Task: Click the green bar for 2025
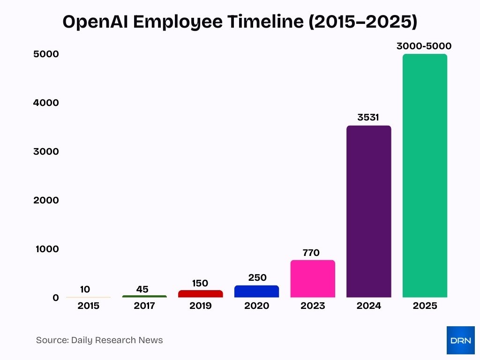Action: pos(425,176)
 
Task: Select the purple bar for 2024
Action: pos(368,211)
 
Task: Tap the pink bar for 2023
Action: pos(313,279)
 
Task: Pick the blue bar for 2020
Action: pos(256,292)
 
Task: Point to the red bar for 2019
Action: pos(200,294)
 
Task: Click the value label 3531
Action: pos(368,117)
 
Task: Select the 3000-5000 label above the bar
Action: pos(424,46)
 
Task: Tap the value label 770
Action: pos(311,253)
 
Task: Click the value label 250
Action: pos(257,277)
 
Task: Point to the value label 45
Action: pos(142,289)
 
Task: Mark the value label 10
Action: pos(85,289)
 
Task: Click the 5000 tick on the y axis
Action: pos(46,54)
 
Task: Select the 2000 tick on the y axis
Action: pos(46,200)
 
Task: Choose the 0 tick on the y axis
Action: pos(56,298)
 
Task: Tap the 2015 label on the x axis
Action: pos(88,306)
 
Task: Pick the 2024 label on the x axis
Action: pos(368,306)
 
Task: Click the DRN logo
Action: pos(460,340)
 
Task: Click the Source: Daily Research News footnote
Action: pos(99,340)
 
